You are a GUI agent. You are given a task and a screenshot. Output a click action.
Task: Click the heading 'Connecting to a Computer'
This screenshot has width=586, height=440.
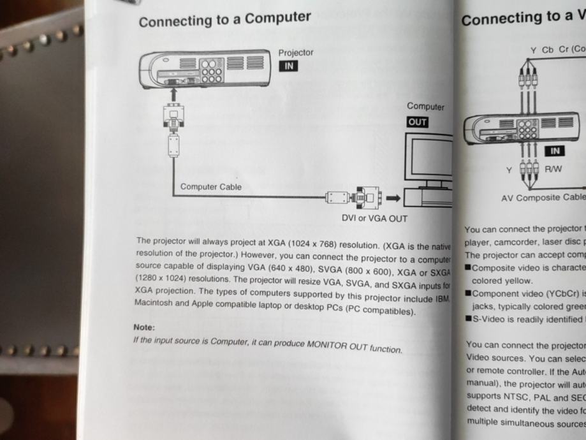[x=224, y=19]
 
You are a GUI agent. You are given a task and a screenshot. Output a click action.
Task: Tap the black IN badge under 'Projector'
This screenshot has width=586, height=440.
[x=288, y=66]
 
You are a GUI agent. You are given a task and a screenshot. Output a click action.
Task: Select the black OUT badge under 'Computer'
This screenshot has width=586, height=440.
[x=418, y=122]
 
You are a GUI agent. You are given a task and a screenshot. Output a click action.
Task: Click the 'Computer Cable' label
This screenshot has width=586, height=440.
[x=211, y=187]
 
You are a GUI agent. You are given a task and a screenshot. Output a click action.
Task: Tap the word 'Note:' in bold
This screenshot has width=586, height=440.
[x=144, y=327]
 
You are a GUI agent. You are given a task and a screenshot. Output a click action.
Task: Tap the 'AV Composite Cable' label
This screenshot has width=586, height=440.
[x=543, y=198]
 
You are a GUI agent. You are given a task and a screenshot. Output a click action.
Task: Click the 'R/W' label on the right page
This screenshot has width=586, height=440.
[x=553, y=169]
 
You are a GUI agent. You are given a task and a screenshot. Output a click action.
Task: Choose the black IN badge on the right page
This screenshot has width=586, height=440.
[x=555, y=151]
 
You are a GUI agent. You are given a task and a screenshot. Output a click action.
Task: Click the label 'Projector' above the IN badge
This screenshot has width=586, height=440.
[x=296, y=53]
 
